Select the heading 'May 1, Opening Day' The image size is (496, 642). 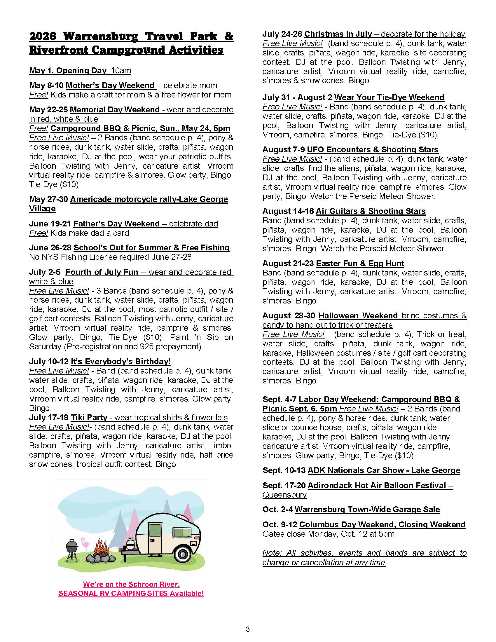[x=68, y=71]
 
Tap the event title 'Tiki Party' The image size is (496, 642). [x=89, y=417]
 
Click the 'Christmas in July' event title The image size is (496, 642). [x=338, y=34]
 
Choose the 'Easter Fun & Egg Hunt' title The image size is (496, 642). [x=360, y=264]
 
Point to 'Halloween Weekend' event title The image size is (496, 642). [x=358, y=316]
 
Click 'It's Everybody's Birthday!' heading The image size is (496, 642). [x=120, y=361]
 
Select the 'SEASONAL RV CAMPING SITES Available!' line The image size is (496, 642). [x=131, y=593]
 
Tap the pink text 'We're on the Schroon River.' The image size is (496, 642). [x=131, y=584]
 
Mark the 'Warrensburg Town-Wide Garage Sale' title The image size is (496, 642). [x=367, y=510]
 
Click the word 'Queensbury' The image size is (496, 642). [x=284, y=495]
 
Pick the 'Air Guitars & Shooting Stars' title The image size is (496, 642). [x=371, y=211]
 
